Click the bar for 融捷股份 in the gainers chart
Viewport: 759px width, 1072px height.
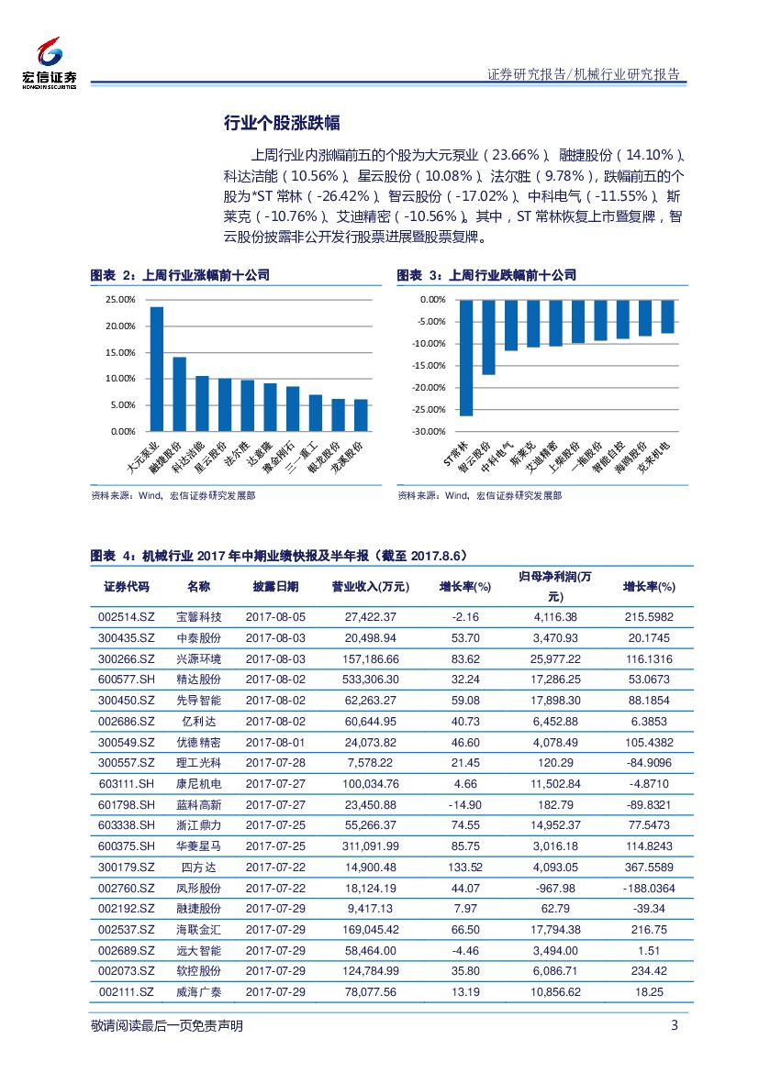click(x=179, y=393)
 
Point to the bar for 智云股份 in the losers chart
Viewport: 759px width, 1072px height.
click(x=488, y=337)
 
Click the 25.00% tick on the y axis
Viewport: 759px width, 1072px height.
click(x=120, y=300)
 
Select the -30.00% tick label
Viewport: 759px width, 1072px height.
click(x=427, y=431)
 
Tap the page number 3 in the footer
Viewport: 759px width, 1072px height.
click(x=675, y=1025)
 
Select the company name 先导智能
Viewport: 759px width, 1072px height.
click(x=198, y=701)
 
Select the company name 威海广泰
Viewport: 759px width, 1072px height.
click(x=198, y=992)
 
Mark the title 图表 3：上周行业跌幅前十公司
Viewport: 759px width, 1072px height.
click(x=486, y=275)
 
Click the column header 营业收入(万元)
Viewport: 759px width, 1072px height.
click(x=370, y=587)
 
